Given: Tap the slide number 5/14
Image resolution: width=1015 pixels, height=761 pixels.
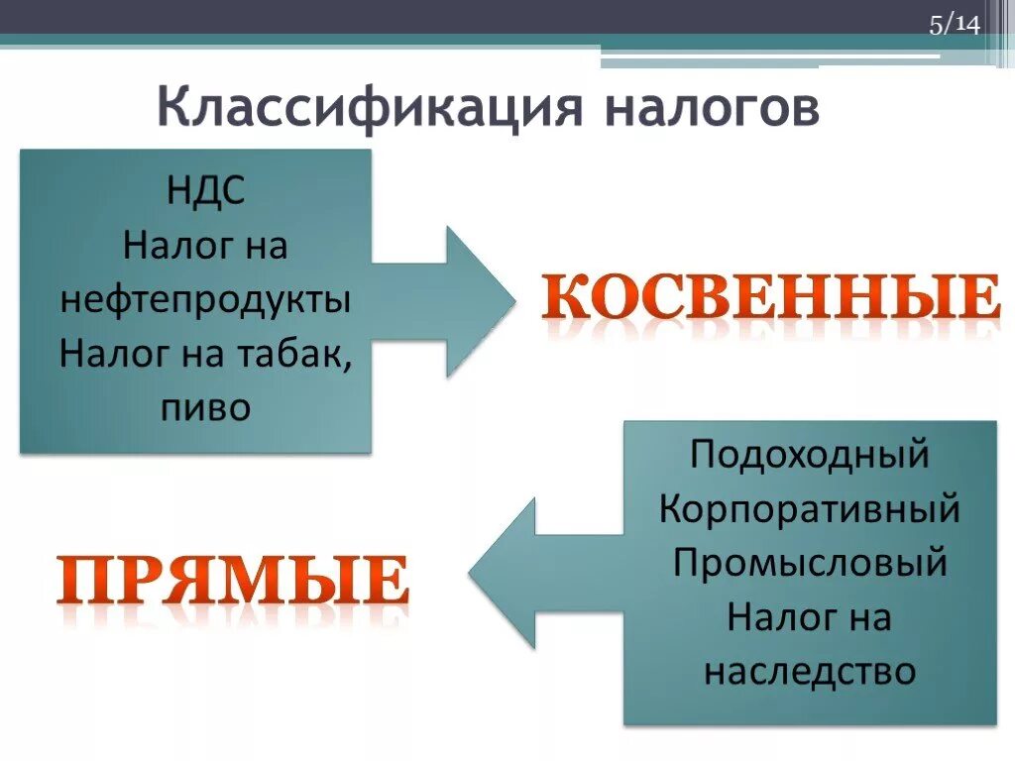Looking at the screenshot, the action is coord(954,25).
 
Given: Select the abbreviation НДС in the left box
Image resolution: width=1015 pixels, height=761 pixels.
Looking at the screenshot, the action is coord(205,190).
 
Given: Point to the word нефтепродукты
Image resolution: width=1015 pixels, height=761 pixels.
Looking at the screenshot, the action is coord(205,299).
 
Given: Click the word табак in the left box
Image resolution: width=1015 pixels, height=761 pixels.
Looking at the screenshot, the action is coord(296,354).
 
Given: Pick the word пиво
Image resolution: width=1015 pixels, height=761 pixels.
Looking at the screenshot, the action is coord(205,408).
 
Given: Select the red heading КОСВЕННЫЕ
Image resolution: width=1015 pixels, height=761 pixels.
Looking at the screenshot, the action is coord(771,297).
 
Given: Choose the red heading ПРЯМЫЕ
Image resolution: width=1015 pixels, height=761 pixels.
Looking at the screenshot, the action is coord(233,580).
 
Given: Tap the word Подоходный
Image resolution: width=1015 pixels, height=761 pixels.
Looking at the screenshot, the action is coord(810,455).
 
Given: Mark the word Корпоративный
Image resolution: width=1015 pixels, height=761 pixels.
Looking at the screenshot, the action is coord(810,509).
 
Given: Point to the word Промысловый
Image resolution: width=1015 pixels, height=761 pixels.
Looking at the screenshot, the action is coord(810,564).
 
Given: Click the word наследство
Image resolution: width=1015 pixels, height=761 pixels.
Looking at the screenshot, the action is coord(810,672).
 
